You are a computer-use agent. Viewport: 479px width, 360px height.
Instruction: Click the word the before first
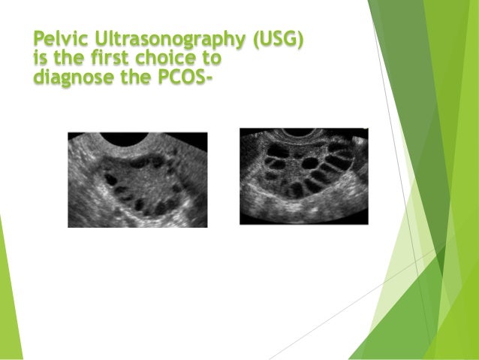[61, 59]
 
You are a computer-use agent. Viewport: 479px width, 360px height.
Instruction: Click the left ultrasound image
[137, 180]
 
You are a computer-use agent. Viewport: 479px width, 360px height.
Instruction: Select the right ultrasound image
[303, 176]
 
